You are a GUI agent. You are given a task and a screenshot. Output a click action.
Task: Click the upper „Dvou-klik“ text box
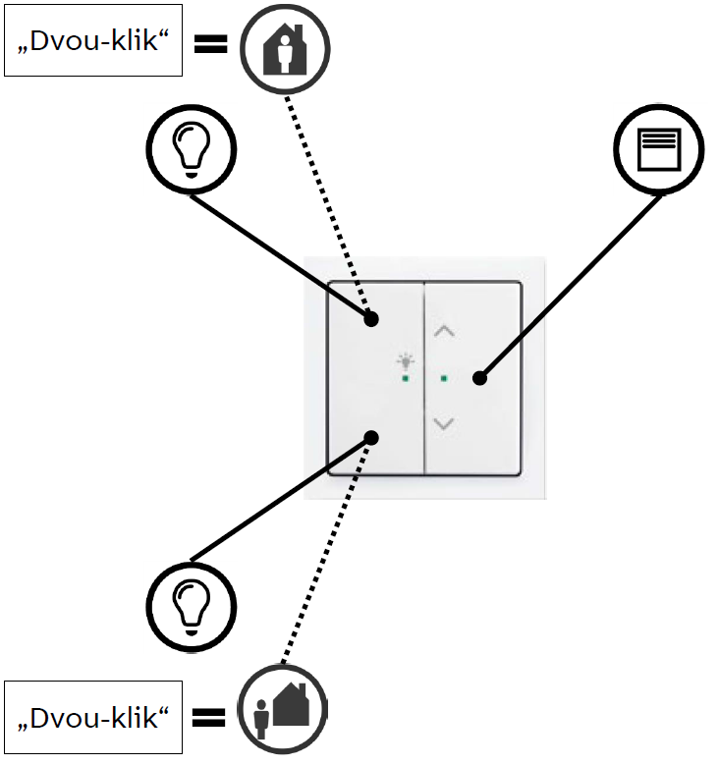coord(93,45)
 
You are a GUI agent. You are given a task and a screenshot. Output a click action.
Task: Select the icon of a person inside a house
coord(286,46)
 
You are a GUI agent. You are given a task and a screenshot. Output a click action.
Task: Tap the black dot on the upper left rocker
coord(371,318)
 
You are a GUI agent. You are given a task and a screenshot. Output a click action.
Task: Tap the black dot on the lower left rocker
coord(371,437)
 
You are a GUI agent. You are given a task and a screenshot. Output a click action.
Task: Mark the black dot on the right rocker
coord(479,377)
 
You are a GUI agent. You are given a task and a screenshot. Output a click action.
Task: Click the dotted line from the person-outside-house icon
coord(326,555)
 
